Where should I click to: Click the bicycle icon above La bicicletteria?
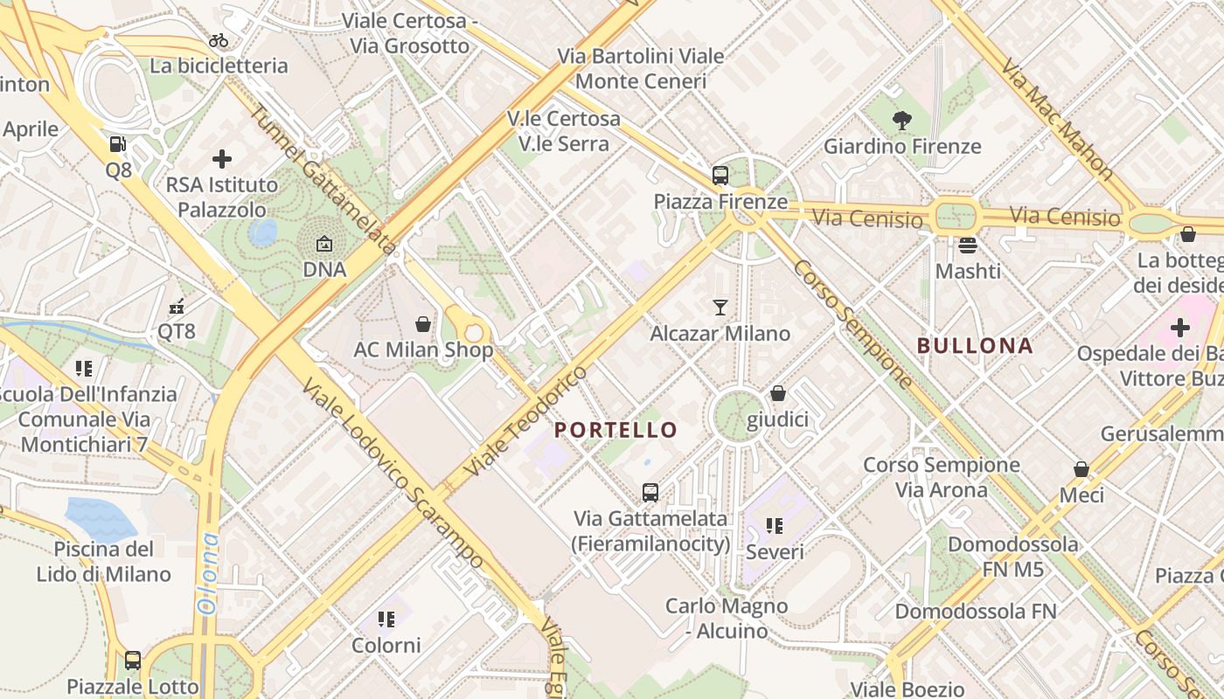[219, 40]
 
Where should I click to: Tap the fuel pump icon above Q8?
[118, 144]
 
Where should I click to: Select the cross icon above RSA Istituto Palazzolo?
[222, 159]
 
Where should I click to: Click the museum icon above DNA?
[324, 244]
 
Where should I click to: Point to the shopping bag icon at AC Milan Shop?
[423, 324]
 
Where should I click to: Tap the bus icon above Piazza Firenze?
[720, 176]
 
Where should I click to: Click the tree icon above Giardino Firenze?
[902, 121]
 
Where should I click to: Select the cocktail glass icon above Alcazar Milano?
[720, 308]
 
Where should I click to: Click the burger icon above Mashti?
[967, 246]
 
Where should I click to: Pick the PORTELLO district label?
[616, 430]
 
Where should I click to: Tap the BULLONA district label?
[975, 346]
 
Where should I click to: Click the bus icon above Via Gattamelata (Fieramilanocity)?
[650, 493]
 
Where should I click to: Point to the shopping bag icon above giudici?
[777, 394]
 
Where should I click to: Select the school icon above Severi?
[774, 526]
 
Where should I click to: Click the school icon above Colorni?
[386, 619]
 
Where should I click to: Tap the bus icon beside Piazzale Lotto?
[133, 661]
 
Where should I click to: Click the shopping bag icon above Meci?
[1081, 469]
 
